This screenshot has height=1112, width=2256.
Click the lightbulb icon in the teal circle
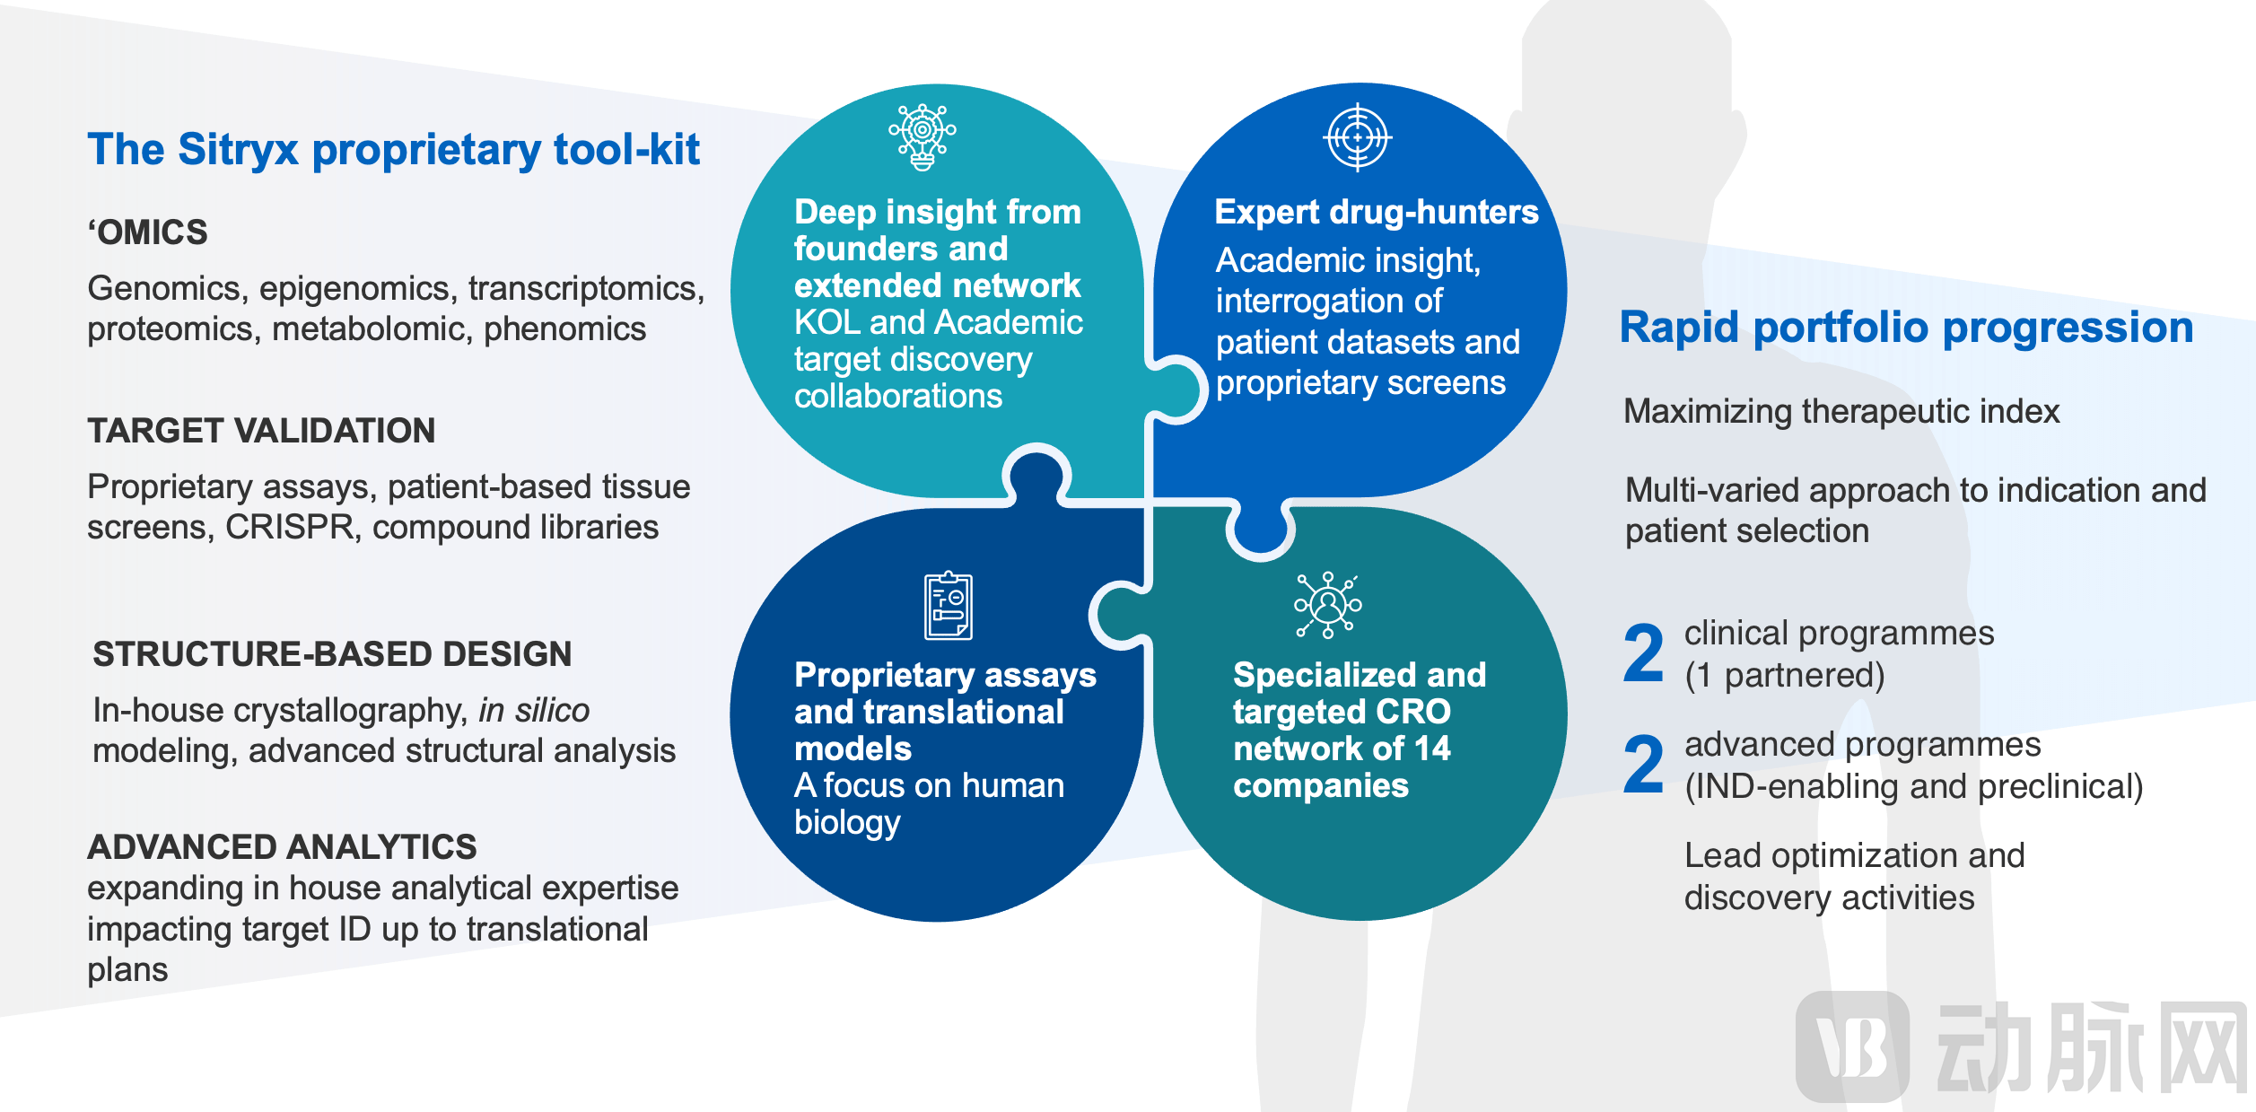922,136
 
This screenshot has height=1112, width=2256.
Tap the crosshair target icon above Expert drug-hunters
1358,137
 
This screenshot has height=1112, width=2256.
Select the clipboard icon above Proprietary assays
949,605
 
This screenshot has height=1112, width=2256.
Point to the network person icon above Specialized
1327,605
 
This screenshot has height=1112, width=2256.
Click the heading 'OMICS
148,232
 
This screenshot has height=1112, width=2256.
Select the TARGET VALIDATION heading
261,431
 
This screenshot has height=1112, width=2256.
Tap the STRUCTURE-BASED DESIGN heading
332,654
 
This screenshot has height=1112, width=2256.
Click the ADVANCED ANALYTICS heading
282,847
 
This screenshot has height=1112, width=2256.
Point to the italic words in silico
534,711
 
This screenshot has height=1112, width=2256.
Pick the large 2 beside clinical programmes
1643,653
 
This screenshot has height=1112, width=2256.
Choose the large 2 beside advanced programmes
1643,765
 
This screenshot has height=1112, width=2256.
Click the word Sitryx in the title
238,150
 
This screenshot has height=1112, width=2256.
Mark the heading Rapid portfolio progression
1906,328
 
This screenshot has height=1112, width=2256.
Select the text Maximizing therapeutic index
1841,411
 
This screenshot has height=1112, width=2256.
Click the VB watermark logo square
1852,1046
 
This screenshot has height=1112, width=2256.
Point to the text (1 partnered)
1784,676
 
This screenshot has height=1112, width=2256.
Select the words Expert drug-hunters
1376,213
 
